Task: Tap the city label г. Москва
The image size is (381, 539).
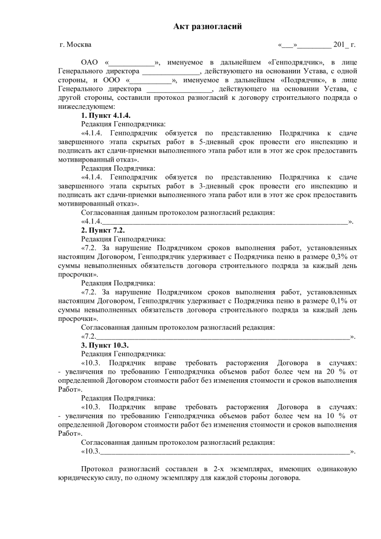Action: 75,44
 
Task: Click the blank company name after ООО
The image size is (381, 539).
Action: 151,80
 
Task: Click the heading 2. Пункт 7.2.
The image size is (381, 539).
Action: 103,231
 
